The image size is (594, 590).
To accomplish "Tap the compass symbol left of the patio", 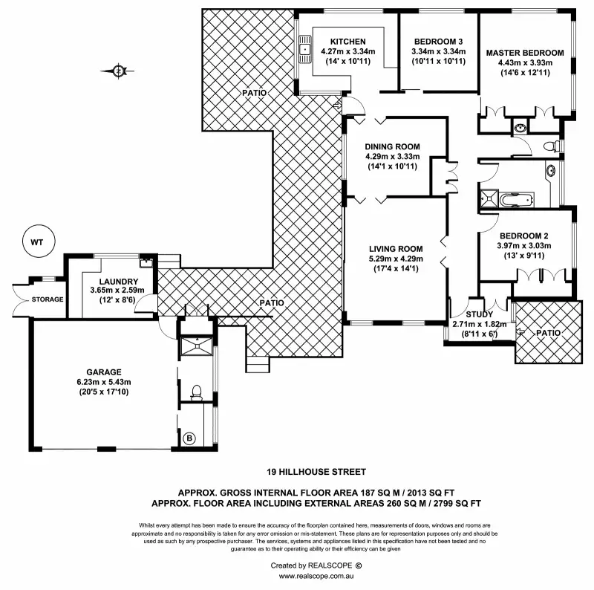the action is pos(120,71).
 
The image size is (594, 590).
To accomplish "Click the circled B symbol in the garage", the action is pos(189,438).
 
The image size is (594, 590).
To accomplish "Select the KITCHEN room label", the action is pos(348,41).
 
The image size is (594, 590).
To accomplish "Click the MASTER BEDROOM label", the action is pos(525,53).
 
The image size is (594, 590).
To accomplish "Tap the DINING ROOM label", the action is pos(393,146).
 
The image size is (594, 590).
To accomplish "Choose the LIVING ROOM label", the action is pos(396,249).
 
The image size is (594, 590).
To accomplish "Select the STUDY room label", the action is pos(469,314).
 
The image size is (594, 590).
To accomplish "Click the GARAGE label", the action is pos(102,372).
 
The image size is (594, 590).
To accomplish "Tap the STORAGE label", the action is pos(47,299).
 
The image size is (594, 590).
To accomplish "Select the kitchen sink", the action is pos(304,49).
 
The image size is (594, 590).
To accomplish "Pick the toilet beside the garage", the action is pos(196,392).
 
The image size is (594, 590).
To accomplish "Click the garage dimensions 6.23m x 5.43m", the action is pos(102,382).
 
